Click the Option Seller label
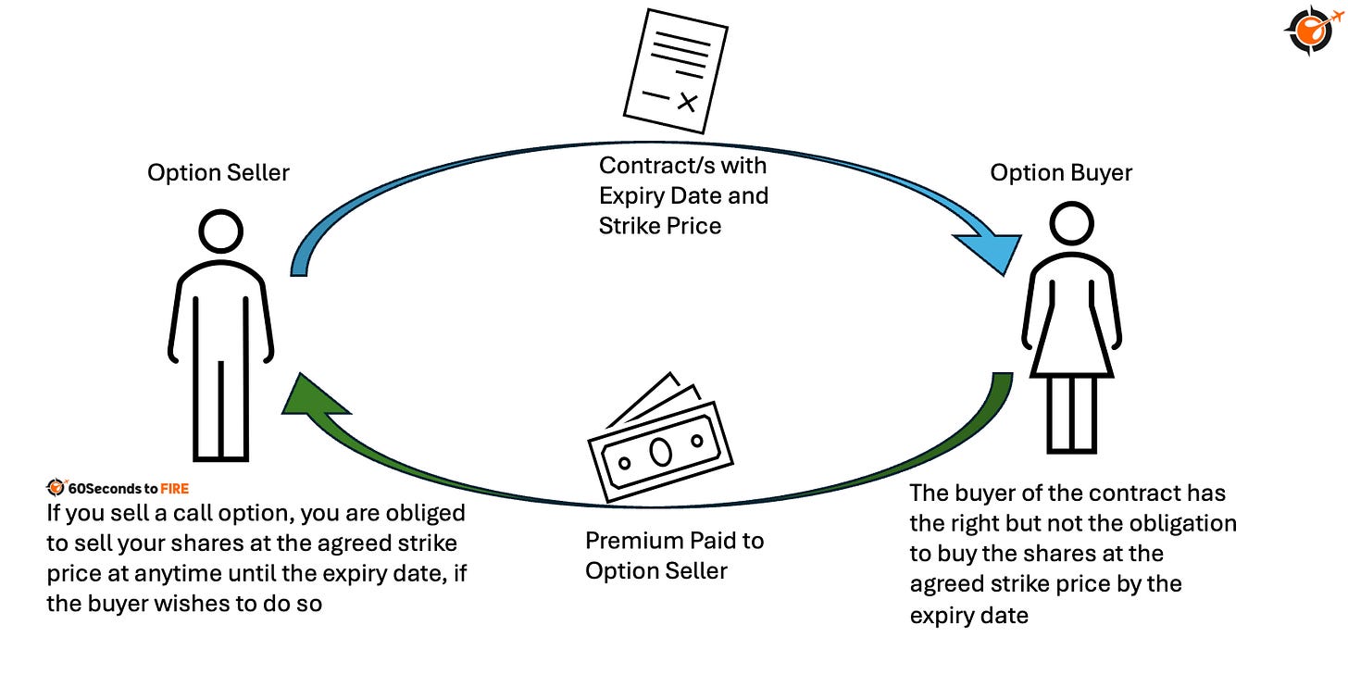[x=218, y=173]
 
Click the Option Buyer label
[x=1061, y=173]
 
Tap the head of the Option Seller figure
[x=221, y=231]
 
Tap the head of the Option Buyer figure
[x=1071, y=225]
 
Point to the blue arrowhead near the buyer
[x=992, y=252]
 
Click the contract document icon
[x=672, y=70]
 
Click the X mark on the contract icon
[x=686, y=101]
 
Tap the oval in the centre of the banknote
[x=659, y=453]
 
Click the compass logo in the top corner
[x=1308, y=30]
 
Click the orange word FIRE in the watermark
[x=174, y=488]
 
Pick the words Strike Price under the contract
[x=660, y=225]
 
